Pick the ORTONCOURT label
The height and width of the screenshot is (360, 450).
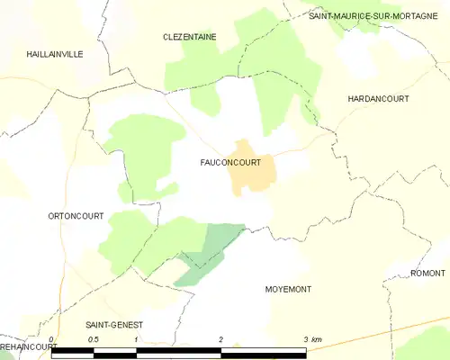76,216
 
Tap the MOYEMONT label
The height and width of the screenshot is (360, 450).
288,289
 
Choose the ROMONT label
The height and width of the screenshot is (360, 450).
427,273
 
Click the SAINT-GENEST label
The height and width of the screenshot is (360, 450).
114,324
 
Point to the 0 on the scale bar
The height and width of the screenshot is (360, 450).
52,339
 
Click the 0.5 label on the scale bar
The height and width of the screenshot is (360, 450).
93,339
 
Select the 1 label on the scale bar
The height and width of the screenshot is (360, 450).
136,339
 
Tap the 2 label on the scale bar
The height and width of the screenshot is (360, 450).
220,339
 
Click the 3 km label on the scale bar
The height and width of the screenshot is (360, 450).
311,339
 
